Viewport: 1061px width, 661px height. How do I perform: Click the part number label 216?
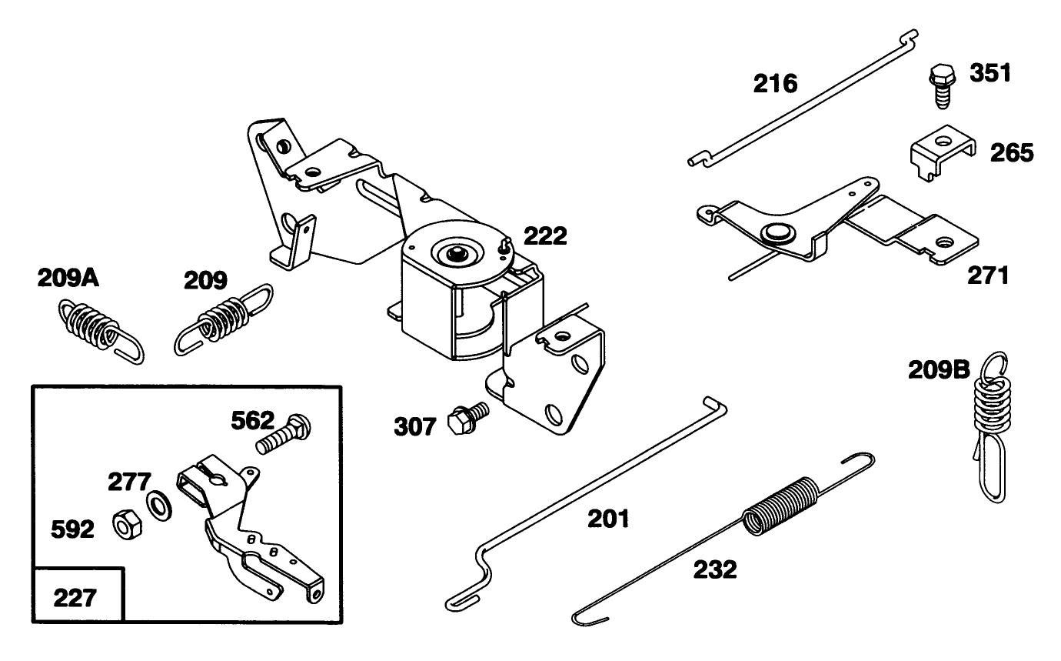pos(776,84)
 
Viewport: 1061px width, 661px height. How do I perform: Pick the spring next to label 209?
pos(224,319)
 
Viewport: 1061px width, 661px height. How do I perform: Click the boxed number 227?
pos(75,596)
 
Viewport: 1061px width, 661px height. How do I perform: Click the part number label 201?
pos(608,519)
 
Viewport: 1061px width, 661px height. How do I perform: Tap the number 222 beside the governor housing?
pos(545,236)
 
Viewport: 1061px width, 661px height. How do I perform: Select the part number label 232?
pos(715,569)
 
